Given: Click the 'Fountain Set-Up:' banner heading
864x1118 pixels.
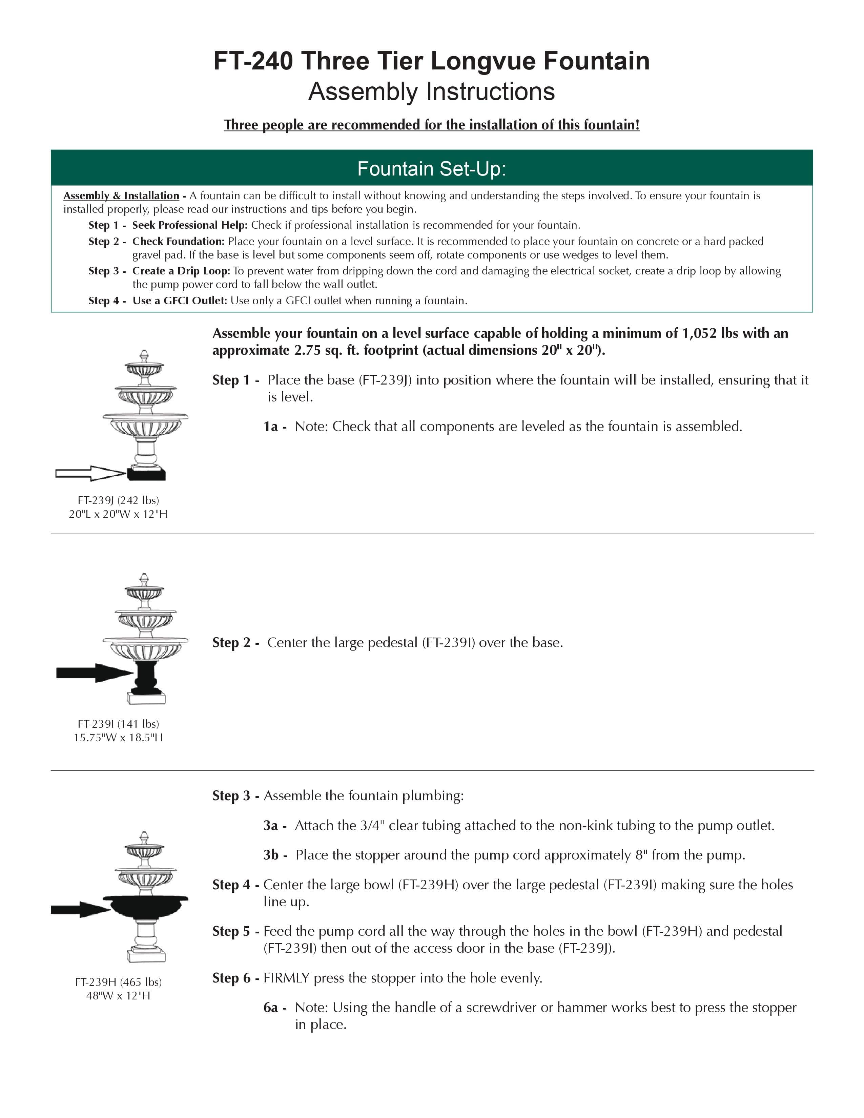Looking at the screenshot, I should coord(431,168).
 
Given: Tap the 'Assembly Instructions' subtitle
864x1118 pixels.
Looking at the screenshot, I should coord(431,91).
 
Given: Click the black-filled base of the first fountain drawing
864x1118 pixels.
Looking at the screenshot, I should coord(147,475).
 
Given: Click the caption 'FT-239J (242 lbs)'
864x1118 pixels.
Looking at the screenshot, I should coord(118,500).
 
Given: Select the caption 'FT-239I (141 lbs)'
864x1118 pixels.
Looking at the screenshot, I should coord(118,723).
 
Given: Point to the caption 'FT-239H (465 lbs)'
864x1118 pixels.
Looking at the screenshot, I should coord(118,981).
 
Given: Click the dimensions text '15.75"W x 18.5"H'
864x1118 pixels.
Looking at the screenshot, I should coord(118,737).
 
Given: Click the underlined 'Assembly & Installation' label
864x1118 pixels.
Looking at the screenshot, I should coord(121,195).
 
